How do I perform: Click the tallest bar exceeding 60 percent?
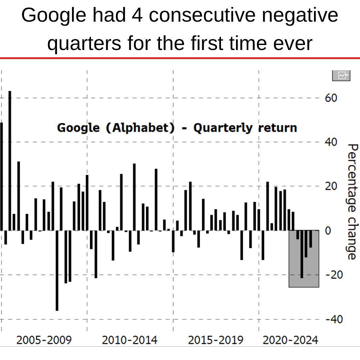(x=10, y=160)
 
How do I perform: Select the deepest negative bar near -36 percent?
(x=57, y=270)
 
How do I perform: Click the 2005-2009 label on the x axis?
(x=44, y=340)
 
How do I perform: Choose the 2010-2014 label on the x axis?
(x=130, y=340)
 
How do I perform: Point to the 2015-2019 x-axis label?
(x=216, y=340)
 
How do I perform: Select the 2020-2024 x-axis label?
(x=290, y=340)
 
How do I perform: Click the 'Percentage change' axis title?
(x=352, y=202)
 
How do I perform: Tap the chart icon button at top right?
(x=341, y=75)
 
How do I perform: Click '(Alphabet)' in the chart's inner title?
(x=140, y=128)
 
